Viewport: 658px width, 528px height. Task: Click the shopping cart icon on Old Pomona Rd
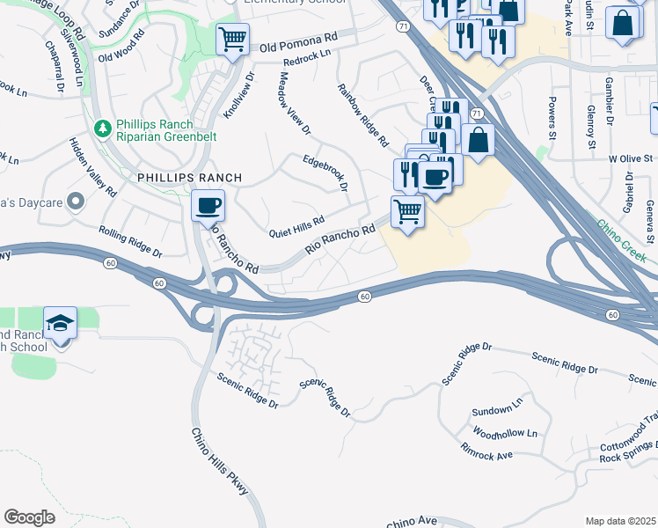[232, 38]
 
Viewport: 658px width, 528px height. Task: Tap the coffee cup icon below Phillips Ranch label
[208, 207]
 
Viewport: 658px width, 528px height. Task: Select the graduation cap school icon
[61, 323]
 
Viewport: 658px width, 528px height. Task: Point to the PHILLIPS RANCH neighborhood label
[189, 178]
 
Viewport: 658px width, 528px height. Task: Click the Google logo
[29, 517]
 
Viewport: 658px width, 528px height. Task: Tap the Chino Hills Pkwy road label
[220, 461]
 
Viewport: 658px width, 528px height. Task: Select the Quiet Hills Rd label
[296, 226]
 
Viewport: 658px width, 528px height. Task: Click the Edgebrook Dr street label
[326, 173]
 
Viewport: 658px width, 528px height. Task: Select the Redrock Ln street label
[307, 58]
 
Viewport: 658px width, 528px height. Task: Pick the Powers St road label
[555, 118]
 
